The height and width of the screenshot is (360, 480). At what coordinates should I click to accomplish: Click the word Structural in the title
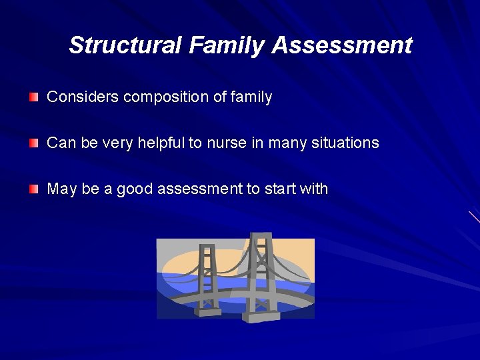tap(125, 45)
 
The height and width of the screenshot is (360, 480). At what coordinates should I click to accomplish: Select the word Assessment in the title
tap(342, 45)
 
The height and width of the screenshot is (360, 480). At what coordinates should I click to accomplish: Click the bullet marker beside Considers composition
tap(34, 98)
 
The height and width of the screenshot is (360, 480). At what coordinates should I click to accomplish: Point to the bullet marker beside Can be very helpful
tap(34, 143)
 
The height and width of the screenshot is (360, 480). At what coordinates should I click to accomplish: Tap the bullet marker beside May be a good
tap(34, 189)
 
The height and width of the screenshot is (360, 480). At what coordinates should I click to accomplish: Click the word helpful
tap(159, 143)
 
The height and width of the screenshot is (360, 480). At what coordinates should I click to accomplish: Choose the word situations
tap(345, 143)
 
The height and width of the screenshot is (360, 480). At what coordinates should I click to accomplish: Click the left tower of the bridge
tap(209, 277)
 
